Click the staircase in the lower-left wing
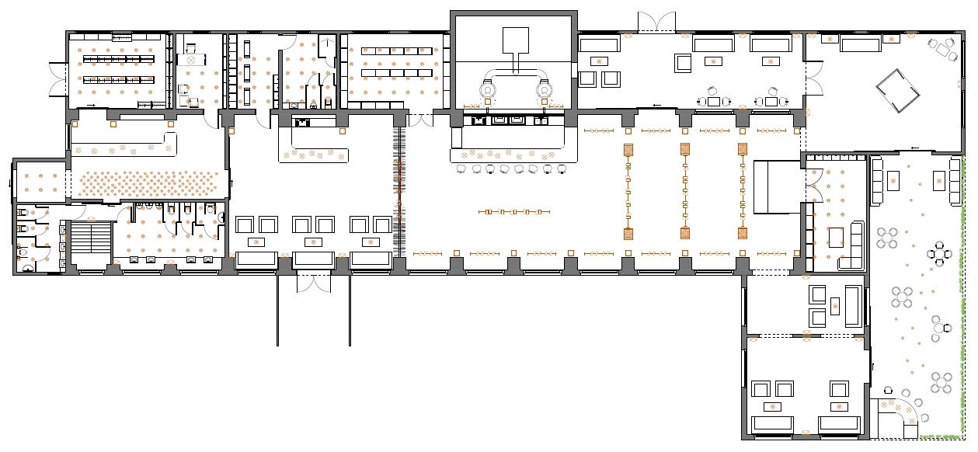92,237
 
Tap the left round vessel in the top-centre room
487,90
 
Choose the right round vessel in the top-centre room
543,90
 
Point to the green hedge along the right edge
966,295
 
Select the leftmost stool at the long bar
461,169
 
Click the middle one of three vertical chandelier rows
685,190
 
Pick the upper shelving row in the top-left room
120,59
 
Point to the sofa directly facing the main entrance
314,259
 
